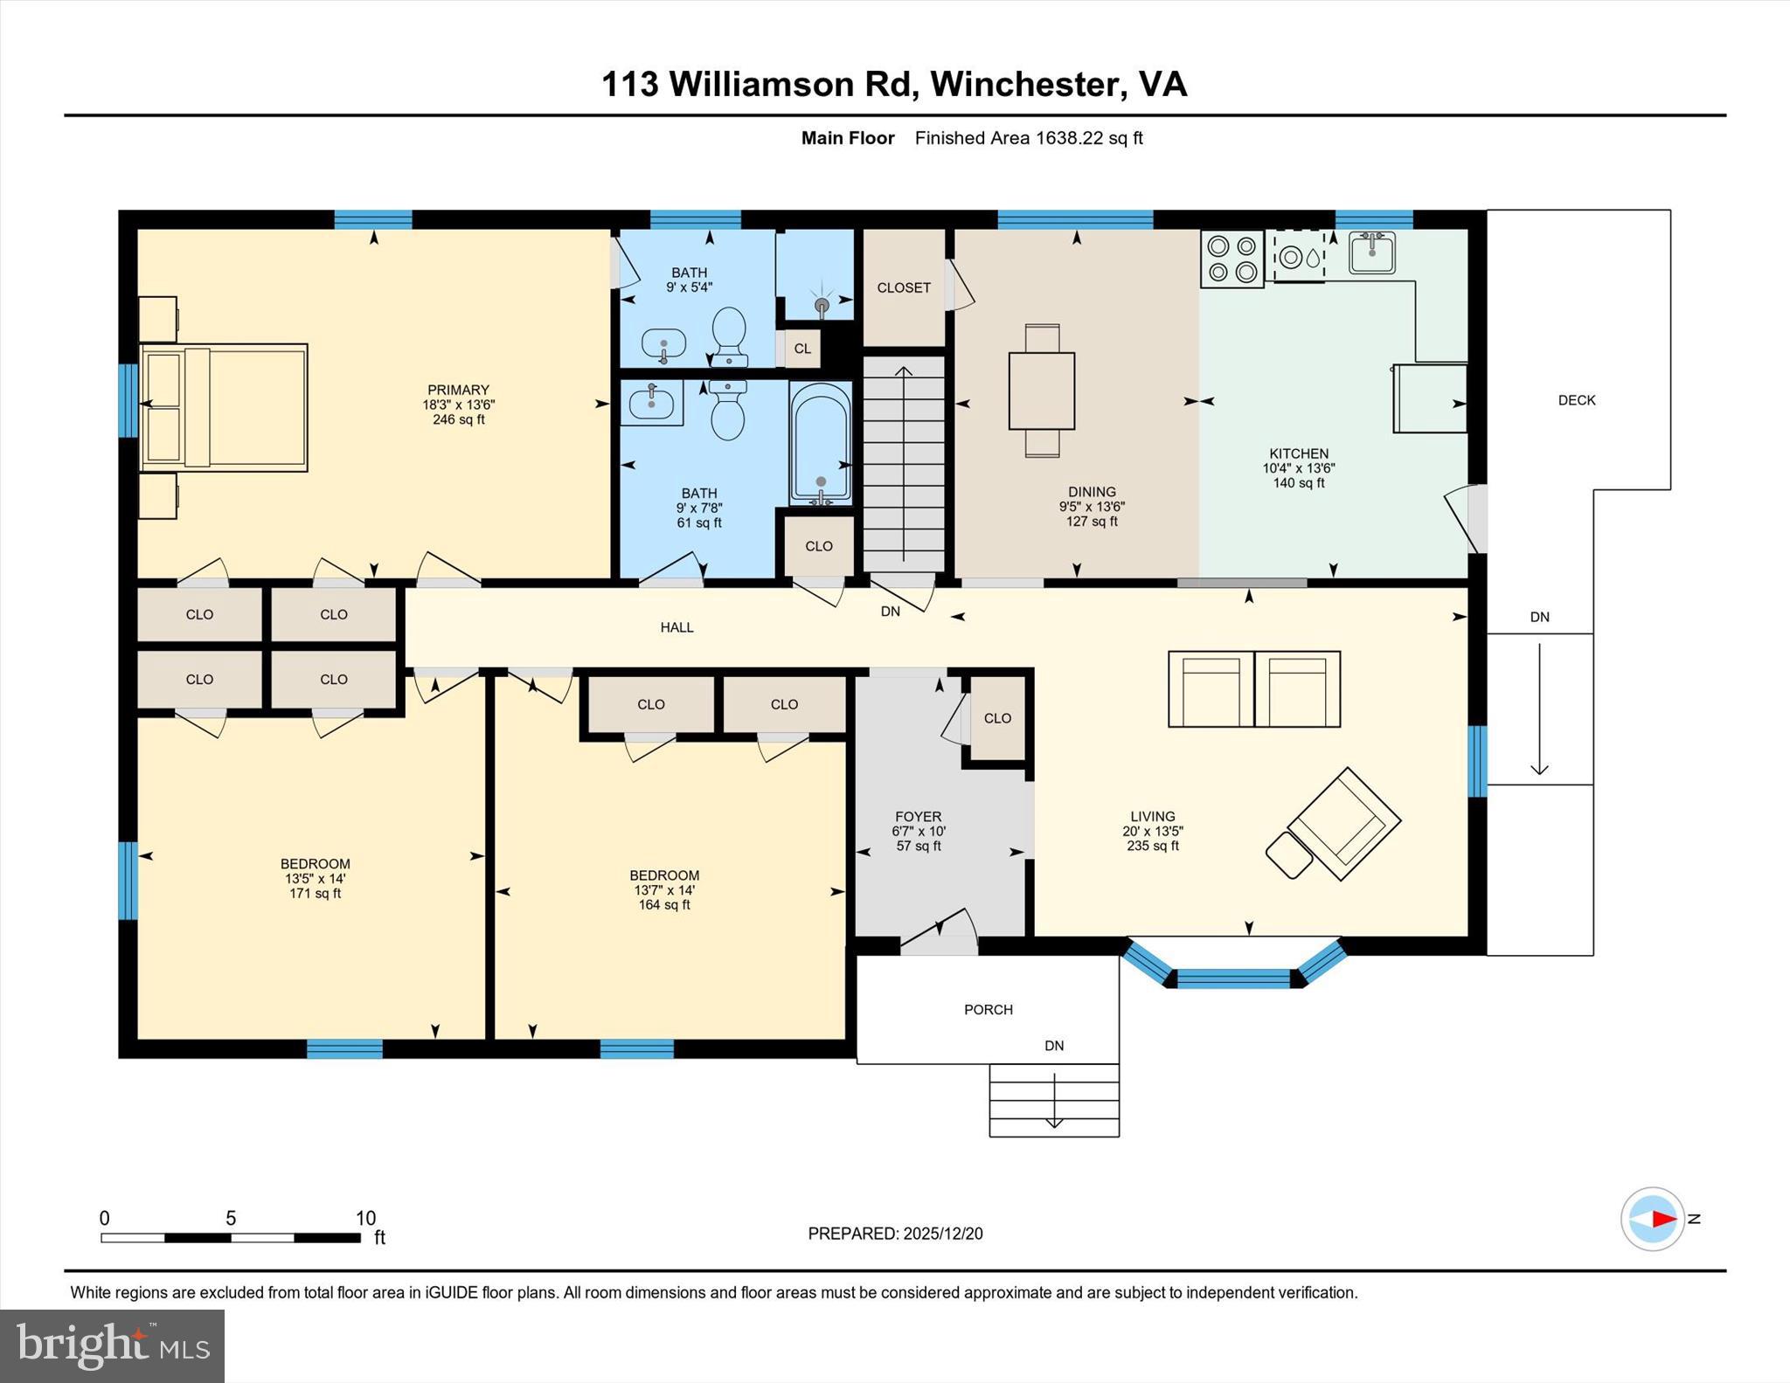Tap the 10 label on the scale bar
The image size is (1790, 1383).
(x=365, y=1217)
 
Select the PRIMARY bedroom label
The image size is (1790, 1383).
(x=458, y=390)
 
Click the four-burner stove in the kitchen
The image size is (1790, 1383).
(x=1231, y=259)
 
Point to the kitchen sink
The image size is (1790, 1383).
(x=1371, y=253)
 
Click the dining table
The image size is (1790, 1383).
(x=1041, y=391)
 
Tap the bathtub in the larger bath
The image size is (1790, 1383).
(x=820, y=444)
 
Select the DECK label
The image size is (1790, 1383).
(x=1576, y=400)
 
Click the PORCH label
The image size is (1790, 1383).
(x=988, y=1009)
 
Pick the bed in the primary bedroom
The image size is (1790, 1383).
(x=224, y=407)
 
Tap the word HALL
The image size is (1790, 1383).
(x=676, y=627)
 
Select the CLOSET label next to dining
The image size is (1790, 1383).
(x=904, y=287)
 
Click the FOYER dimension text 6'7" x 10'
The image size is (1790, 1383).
(x=918, y=832)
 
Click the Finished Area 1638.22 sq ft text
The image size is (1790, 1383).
(x=1028, y=138)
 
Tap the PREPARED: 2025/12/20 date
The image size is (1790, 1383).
(x=895, y=1234)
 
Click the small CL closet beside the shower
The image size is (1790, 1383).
(x=802, y=349)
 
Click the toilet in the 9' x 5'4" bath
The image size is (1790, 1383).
(x=729, y=336)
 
